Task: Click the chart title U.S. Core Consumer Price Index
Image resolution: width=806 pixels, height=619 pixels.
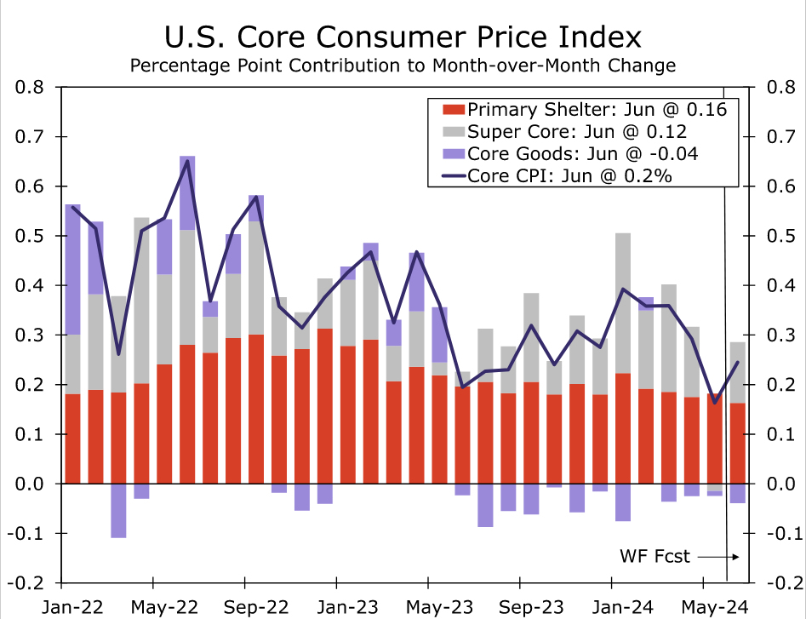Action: point(403,37)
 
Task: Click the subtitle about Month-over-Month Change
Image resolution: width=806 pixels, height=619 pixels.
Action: point(403,66)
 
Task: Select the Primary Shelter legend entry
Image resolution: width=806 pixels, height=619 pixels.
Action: point(584,110)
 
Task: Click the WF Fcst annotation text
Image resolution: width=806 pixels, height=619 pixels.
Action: point(654,557)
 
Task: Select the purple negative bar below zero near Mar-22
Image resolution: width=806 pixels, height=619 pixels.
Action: point(118,510)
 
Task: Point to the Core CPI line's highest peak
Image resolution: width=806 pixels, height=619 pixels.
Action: point(187,161)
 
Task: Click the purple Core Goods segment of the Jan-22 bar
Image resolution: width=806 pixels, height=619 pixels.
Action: point(72,269)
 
